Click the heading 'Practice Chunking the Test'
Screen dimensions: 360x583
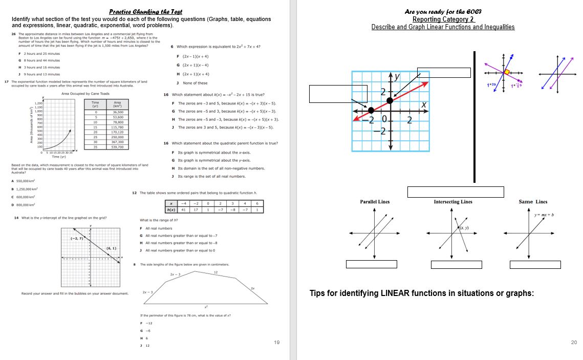(x=146, y=12)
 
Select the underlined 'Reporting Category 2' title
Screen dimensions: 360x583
(x=443, y=19)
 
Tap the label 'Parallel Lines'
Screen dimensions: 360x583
(x=375, y=202)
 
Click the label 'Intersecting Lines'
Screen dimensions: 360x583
(x=452, y=202)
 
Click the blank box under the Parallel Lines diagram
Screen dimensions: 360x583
(x=371, y=264)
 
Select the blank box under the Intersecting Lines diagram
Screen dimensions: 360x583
(x=456, y=264)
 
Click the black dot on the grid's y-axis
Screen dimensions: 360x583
(x=390, y=100)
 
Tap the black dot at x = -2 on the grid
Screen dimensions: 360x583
(x=371, y=110)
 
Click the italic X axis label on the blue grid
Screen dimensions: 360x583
(x=423, y=104)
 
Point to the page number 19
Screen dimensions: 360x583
(x=277, y=342)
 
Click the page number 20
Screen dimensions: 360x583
(x=573, y=342)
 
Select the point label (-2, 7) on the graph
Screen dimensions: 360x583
(x=77, y=238)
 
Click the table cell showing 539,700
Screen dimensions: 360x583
(x=118, y=147)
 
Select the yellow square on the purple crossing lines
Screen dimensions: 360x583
(x=507, y=72)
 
